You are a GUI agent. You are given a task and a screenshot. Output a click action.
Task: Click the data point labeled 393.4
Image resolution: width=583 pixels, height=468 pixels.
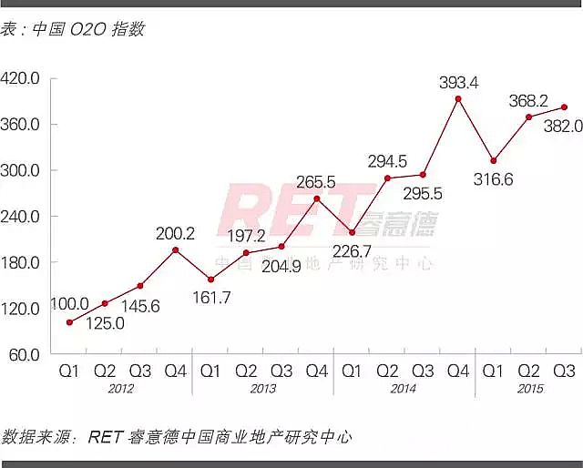click(x=458, y=98)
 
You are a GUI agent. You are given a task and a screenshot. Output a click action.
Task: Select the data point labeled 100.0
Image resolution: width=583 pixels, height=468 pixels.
click(x=69, y=322)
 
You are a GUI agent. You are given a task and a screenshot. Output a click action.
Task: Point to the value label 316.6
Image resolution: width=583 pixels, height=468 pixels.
click(x=493, y=179)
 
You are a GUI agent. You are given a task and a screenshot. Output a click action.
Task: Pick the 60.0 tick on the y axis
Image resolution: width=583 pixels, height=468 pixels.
click(x=26, y=354)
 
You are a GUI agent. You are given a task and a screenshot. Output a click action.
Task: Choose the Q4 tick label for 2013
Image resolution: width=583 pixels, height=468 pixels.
click(x=317, y=371)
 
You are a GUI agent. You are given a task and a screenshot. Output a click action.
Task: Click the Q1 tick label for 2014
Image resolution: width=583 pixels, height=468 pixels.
click(x=352, y=371)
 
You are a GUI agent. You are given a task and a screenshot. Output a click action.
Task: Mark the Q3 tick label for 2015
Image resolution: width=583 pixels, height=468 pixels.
click(x=564, y=371)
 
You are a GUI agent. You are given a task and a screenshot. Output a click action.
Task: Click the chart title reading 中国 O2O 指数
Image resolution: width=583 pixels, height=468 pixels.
click(x=87, y=29)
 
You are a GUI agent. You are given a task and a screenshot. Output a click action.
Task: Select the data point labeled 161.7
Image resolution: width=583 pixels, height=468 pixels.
click(x=210, y=280)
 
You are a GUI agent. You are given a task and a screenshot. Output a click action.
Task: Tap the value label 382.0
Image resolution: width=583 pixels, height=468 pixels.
click(x=563, y=127)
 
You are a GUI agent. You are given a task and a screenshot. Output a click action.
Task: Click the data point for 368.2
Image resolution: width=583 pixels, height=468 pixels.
click(x=528, y=117)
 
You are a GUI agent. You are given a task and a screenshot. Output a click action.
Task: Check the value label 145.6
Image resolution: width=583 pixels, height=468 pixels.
click(x=139, y=307)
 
